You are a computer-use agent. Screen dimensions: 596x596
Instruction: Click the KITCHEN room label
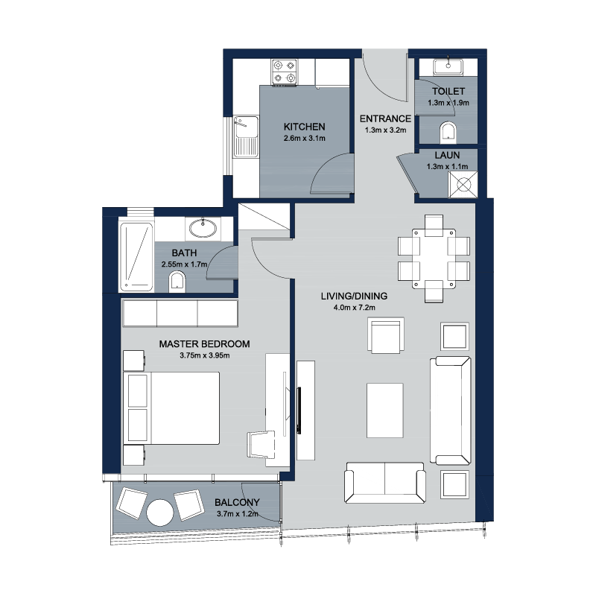tap(304, 127)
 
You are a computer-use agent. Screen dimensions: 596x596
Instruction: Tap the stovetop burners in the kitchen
tap(285, 72)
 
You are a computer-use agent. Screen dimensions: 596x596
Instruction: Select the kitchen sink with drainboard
tap(246, 136)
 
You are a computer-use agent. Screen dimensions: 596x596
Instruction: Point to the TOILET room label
tap(448, 91)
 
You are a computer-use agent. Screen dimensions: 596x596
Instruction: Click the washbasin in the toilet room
tap(448, 66)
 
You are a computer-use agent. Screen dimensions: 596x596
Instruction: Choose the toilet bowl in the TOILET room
tap(448, 133)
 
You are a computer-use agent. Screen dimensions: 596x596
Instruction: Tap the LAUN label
tap(447, 155)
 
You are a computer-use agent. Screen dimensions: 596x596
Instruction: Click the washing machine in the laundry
tap(463, 185)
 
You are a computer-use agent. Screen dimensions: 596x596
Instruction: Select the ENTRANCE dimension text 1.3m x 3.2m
tap(385, 130)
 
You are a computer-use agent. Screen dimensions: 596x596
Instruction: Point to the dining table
tap(434, 258)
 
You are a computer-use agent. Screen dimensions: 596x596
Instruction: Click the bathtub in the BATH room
tap(136, 257)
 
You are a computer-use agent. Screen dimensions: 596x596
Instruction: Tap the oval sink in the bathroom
tap(203, 229)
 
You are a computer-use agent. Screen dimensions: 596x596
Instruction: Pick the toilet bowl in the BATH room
tap(177, 282)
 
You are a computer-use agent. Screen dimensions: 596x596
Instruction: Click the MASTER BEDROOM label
tap(204, 344)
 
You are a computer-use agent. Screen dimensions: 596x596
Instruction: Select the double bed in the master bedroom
tap(171, 408)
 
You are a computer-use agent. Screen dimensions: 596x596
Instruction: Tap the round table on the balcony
tap(159, 513)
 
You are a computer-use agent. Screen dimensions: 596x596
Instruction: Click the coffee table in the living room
tap(384, 410)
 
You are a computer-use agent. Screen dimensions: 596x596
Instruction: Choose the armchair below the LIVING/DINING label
tap(386, 335)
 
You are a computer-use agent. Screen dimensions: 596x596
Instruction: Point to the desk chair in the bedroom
tap(261, 444)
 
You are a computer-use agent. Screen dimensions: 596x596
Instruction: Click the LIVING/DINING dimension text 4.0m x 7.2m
tap(355, 308)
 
